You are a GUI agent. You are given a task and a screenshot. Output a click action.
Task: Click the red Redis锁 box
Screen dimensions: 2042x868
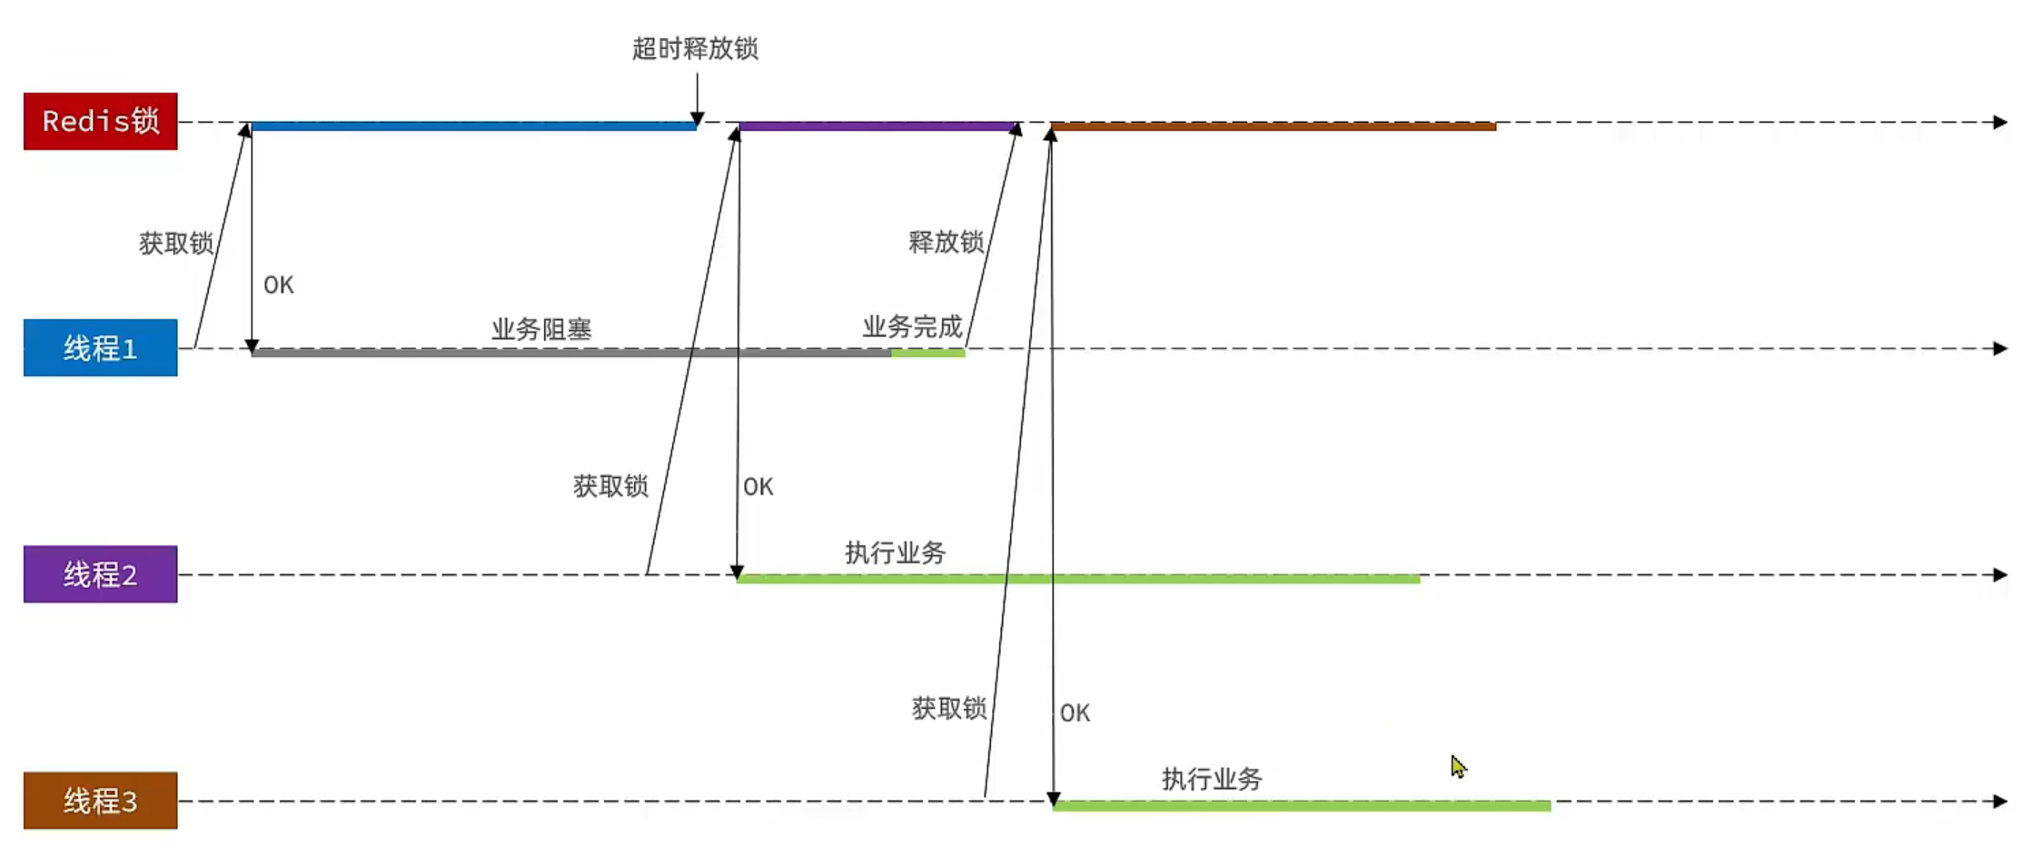coord(100,121)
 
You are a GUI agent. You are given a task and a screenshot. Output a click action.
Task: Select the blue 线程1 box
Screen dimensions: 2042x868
coord(100,347)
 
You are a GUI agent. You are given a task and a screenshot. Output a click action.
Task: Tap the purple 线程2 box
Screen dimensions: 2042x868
coord(100,574)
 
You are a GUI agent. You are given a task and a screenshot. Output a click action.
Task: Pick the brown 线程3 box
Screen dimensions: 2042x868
coord(100,800)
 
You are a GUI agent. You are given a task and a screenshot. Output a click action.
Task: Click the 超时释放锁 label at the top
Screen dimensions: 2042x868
coord(695,48)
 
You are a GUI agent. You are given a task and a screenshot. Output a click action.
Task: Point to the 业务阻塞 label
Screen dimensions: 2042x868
coord(541,329)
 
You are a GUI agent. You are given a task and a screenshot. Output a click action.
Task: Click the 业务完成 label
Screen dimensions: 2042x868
coord(912,326)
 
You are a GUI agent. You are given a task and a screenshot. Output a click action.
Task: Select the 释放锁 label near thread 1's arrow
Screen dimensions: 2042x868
coord(946,242)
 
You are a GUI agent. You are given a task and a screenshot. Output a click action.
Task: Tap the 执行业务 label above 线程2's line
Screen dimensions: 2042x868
coord(896,553)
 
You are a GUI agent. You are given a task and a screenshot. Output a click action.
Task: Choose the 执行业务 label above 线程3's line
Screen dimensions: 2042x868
coord(1212,779)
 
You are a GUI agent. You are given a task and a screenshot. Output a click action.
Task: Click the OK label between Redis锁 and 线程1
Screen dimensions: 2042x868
coord(279,285)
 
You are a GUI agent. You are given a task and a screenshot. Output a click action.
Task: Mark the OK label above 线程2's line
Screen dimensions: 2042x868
coord(758,487)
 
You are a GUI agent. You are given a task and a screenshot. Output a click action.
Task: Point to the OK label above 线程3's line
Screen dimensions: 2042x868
coord(1075,713)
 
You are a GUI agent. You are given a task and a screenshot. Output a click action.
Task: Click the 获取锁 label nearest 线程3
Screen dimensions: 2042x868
coord(949,708)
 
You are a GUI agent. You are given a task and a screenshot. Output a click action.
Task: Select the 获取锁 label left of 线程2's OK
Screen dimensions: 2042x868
coord(610,486)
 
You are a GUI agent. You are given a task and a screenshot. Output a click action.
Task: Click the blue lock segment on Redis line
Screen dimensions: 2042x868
coord(473,126)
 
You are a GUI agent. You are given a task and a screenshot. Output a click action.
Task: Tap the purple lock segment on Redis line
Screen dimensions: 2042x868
coord(877,126)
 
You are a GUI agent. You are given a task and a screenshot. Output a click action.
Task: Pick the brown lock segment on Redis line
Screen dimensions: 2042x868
coord(1274,126)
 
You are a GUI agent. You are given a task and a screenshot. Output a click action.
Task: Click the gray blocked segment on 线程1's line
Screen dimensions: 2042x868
coord(571,353)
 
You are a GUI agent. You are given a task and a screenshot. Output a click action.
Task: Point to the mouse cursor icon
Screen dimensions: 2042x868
coord(1458,767)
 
